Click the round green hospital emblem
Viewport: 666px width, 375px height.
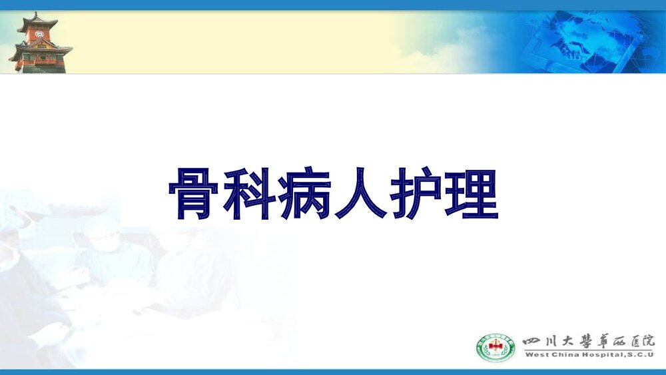pyautogui.click(x=496, y=347)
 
